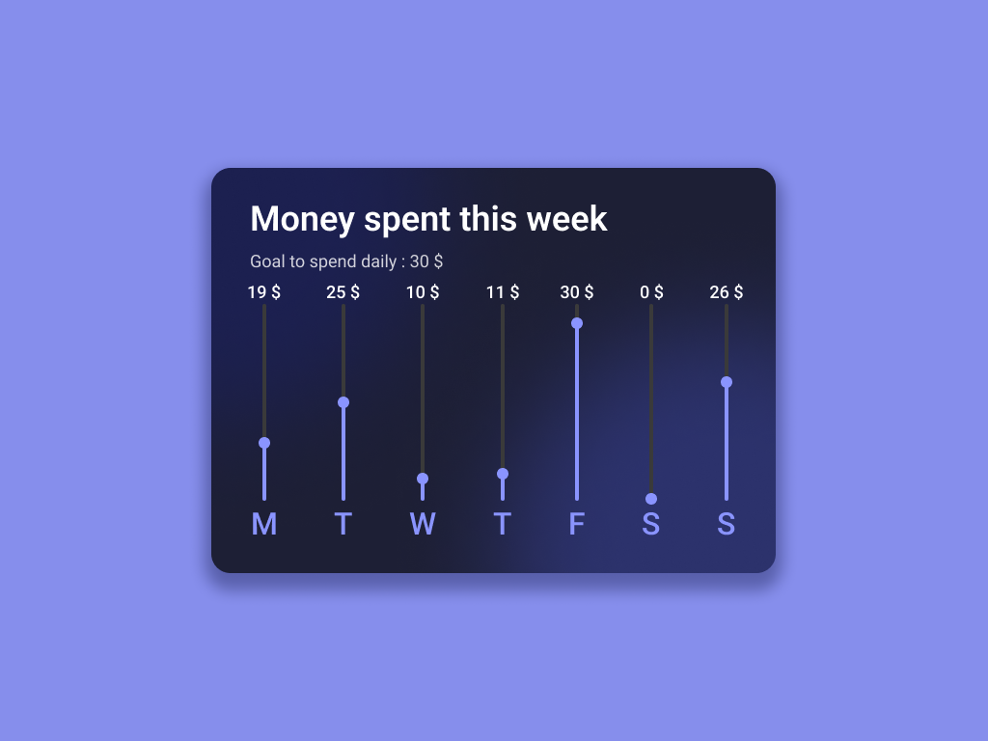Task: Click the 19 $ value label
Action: pyautogui.click(x=263, y=292)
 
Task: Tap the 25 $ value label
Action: pyautogui.click(x=343, y=292)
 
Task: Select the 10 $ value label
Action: pyautogui.click(x=423, y=292)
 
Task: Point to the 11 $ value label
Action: pyautogui.click(x=502, y=292)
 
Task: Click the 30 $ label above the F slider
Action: pyautogui.click(x=577, y=292)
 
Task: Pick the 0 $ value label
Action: pyautogui.click(x=651, y=292)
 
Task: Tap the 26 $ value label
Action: pyautogui.click(x=727, y=292)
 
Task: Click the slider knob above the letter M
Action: pyautogui.click(x=264, y=443)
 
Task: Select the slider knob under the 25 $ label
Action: pyautogui.click(x=343, y=402)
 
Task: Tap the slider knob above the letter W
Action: pyautogui.click(x=423, y=479)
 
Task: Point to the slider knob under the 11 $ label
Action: pyautogui.click(x=503, y=474)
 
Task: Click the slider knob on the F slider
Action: pyautogui.click(x=577, y=323)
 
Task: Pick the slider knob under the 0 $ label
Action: pyautogui.click(x=651, y=499)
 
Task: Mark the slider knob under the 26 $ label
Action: pyautogui.click(x=727, y=382)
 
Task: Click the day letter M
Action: pyautogui.click(x=264, y=524)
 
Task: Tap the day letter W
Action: pyautogui.click(x=423, y=524)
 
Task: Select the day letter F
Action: pyautogui.click(x=577, y=524)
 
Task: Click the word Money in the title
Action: pyautogui.click(x=302, y=219)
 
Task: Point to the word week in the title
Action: pyautogui.click(x=566, y=219)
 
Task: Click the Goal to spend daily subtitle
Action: pyautogui.click(x=346, y=261)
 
